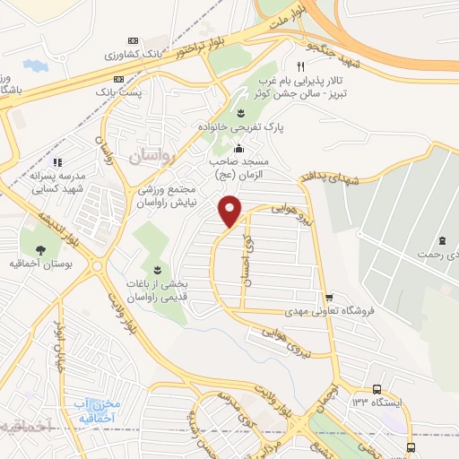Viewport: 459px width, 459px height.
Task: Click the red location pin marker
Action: click(x=230, y=210)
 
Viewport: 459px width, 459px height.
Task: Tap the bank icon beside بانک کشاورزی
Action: click(x=134, y=41)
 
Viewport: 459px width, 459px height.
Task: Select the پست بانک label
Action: click(x=119, y=91)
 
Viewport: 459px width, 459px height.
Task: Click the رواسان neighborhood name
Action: click(x=149, y=158)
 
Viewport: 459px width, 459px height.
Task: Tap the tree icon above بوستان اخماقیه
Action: click(x=41, y=248)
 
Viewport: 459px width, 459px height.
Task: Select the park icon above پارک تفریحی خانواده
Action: click(x=239, y=112)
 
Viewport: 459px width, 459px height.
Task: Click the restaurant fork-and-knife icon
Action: click(x=302, y=66)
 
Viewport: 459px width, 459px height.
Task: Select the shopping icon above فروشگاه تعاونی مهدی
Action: click(x=329, y=298)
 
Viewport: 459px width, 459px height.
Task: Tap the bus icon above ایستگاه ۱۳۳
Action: click(x=377, y=390)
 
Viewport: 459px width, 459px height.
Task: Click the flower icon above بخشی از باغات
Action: click(x=158, y=270)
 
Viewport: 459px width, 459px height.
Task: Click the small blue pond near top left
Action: click(x=36, y=66)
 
